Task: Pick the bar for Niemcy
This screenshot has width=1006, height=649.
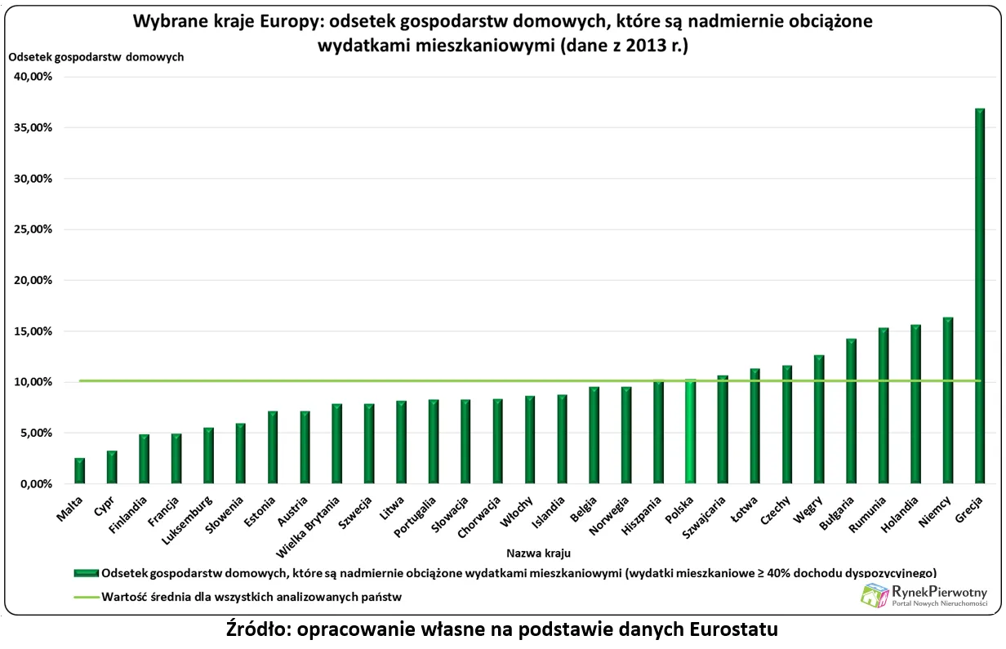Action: tap(947, 400)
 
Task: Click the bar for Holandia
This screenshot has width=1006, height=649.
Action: tap(915, 404)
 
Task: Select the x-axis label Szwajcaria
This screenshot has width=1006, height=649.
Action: tap(708, 518)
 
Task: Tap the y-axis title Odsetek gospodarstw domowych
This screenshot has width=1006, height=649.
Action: tap(96, 57)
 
